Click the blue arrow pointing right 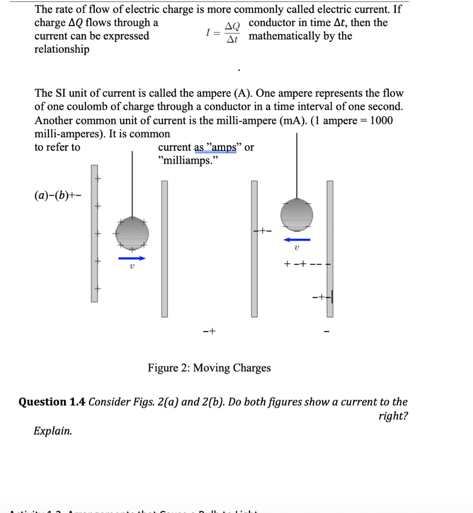(x=132, y=259)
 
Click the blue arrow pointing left (x=296, y=239)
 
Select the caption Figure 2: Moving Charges (x=209, y=368)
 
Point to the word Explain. (x=53, y=431)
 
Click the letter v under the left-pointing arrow (x=296, y=248)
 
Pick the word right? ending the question (x=393, y=416)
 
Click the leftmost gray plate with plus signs (x=94, y=233)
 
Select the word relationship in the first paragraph (x=62, y=49)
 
